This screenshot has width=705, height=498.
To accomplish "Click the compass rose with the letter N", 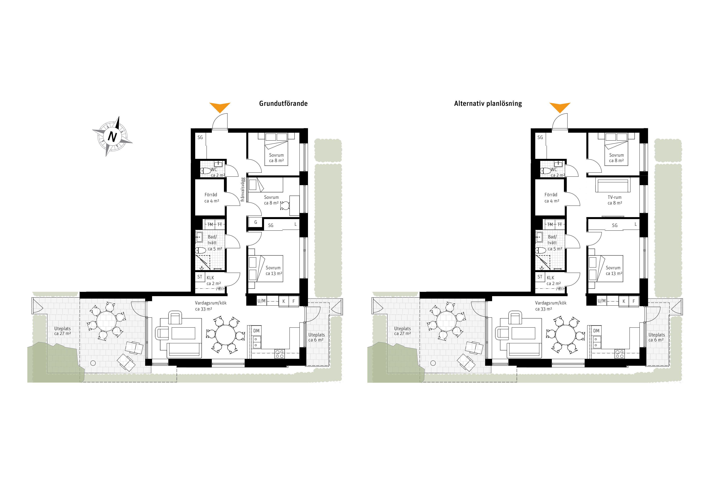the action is pos(112,136).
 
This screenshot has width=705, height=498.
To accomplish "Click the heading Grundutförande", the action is pos(283,104).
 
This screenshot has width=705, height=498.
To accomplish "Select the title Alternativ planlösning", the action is pos(488,104).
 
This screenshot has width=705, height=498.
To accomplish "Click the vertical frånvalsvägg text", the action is pos(243,189).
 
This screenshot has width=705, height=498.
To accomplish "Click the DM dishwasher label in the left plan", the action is pos(256,331).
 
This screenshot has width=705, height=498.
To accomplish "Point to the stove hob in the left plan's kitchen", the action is pos(280,354).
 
